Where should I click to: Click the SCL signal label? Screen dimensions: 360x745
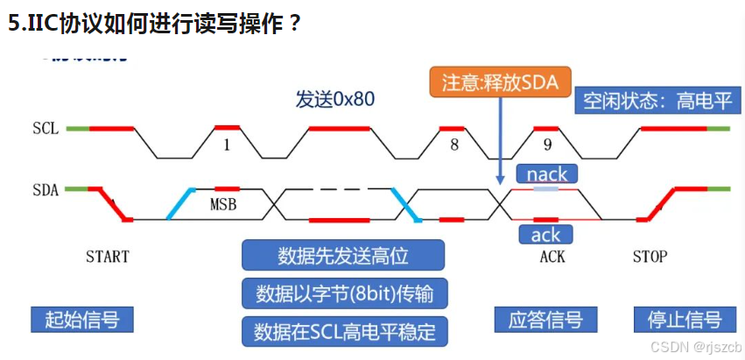pos(46,129)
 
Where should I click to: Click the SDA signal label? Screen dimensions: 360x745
pos(46,189)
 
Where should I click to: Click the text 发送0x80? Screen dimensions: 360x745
pos(335,99)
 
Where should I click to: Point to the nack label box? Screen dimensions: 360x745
pos(547,174)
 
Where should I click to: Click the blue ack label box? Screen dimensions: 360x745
pos(546,235)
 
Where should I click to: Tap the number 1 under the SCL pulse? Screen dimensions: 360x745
pos(227,145)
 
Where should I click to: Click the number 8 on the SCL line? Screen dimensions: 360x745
pos(454,145)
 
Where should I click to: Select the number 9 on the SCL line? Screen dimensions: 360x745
pos(548,145)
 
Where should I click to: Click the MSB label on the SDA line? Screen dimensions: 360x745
pos(225,206)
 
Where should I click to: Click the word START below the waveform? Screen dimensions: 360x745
pos(108,257)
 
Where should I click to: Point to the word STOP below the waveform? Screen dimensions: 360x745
pos(650,257)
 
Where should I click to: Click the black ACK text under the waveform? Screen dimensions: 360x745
pos(552,257)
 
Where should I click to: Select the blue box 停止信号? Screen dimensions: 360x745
pos(678,319)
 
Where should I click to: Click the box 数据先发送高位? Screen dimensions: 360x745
pos(343,256)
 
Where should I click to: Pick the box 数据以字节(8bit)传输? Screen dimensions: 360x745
pos(343,292)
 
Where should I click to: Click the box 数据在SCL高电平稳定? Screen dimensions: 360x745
pos(343,331)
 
